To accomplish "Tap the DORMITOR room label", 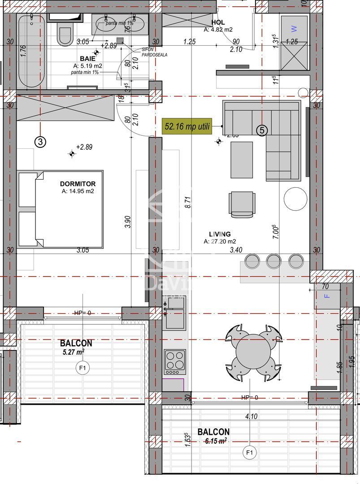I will tap(78, 184).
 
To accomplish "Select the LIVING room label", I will tap(220, 234).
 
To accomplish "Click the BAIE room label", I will tap(87, 59).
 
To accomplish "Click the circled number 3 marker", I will tap(40, 142).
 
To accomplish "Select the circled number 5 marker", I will tap(262, 130).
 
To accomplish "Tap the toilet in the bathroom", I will tap(65, 34).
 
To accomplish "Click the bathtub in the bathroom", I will tap(31, 52).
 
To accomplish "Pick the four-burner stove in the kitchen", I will tap(175, 362).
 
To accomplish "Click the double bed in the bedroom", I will tap(61, 209).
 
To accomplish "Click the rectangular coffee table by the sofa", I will tap(242, 160).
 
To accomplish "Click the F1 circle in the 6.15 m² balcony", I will tap(250, 453).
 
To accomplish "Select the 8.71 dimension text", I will tap(189, 203).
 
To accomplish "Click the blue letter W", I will tap(294, 29).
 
